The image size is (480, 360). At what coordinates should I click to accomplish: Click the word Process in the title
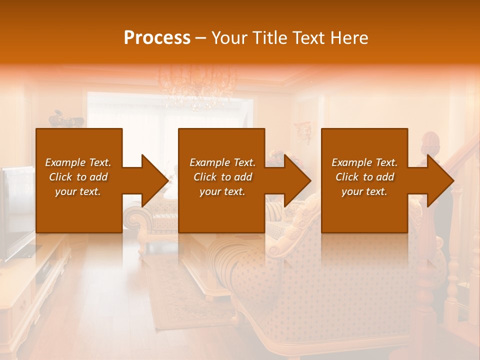click(157, 37)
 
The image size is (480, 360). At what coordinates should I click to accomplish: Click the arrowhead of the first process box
click(155, 180)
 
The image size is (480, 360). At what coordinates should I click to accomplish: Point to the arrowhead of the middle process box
click(297, 180)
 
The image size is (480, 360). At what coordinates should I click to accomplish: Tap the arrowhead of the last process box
click(440, 180)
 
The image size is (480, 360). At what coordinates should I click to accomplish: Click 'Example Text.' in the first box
click(78, 162)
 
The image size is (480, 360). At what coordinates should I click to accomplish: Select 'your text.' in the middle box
click(222, 191)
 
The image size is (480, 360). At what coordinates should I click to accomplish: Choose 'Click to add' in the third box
click(364, 177)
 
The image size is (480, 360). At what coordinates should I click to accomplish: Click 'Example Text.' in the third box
click(364, 162)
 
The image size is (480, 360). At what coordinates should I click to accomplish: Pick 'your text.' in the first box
click(78, 191)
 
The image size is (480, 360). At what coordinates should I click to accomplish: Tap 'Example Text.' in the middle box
click(222, 162)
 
